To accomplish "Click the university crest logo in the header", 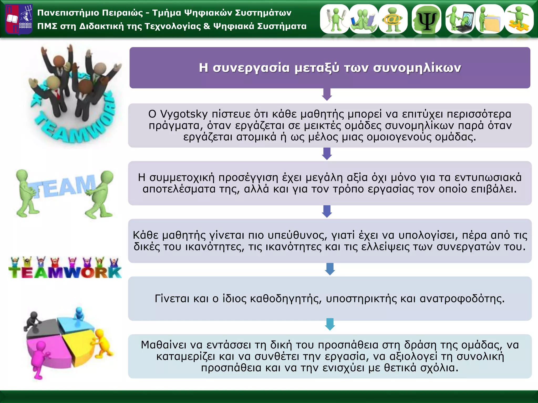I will [x=19, y=19].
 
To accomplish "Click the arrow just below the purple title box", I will [x=327, y=95].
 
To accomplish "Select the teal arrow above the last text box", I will [x=330, y=324].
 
